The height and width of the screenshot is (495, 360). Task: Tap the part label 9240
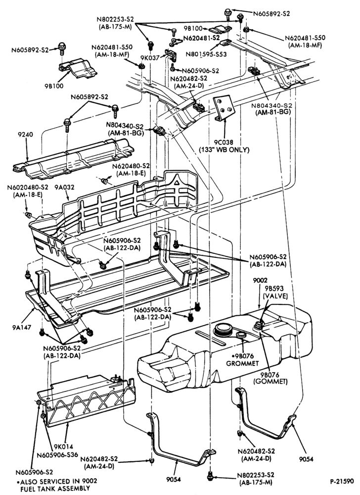tap(26, 135)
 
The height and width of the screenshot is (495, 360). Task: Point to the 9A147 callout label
tap(22, 327)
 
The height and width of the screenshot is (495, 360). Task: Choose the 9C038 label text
tap(224, 143)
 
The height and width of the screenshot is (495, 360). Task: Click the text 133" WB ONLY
tap(224, 149)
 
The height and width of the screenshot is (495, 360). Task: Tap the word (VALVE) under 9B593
tap(275, 296)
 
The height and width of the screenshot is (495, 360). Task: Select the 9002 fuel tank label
tap(260, 280)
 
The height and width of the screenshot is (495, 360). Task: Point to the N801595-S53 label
tap(206, 54)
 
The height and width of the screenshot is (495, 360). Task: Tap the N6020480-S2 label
tap(28, 187)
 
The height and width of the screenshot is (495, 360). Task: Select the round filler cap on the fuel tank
tap(223, 330)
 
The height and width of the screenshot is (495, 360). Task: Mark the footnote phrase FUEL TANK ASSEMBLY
tap(53, 489)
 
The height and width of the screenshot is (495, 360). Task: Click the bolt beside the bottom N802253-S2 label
tap(210, 476)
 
